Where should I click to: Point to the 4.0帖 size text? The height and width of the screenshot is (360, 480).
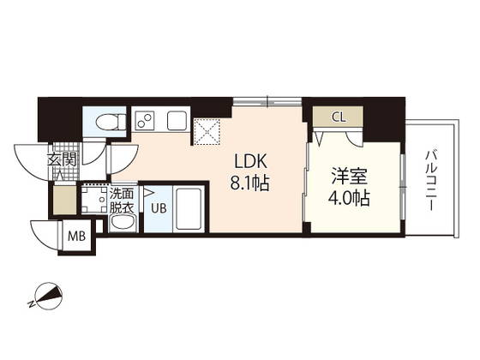351,199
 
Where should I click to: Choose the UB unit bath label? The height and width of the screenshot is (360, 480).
159,207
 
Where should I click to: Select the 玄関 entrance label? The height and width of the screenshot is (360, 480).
61,159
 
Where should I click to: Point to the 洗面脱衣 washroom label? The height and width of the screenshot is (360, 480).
121,201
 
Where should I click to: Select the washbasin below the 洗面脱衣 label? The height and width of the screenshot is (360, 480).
122,224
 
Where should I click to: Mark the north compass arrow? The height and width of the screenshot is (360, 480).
47,297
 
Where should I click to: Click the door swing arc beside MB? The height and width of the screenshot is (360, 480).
43,231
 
